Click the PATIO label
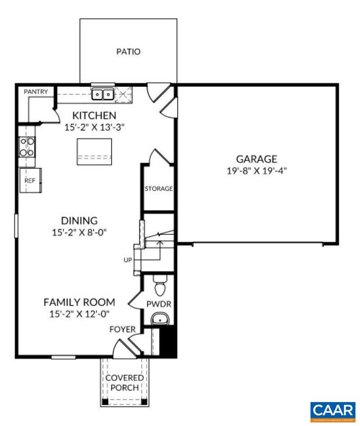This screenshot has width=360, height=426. click(128, 52)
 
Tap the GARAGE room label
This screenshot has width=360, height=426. click(256, 159)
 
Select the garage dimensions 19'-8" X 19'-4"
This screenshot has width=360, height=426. click(256, 171)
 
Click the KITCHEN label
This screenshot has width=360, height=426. click(94, 116)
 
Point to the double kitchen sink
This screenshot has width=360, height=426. click(103, 94)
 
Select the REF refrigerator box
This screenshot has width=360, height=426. click(30, 181)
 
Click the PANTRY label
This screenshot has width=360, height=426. click(36, 92)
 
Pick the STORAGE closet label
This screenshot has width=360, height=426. click(158, 188)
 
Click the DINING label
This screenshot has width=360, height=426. click(79, 220)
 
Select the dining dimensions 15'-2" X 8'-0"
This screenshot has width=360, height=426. click(79, 233)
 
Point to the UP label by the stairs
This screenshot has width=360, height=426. click(128, 260)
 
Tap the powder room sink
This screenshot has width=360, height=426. click(159, 319)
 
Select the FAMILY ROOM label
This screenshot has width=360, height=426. click(79, 302)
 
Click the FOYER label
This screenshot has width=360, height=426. click(123, 330)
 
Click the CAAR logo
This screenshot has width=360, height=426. click(332, 411)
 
